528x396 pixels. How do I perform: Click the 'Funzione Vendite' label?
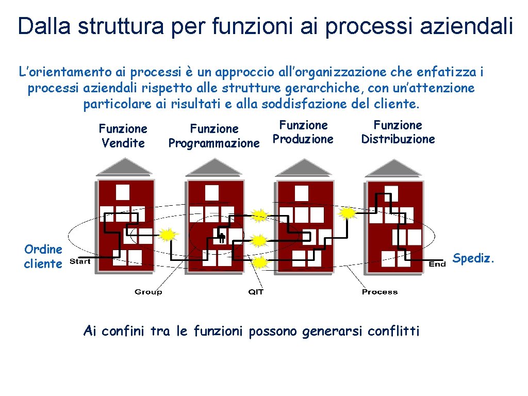(x=123, y=136)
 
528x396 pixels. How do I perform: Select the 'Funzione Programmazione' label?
(x=214, y=136)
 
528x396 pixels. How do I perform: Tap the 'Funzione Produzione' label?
(x=303, y=132)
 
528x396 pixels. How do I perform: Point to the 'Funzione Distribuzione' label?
(x=398, y=132)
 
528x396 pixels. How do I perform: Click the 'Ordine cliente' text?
(x=43, y=256)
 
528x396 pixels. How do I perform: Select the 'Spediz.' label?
(x=473, y=258)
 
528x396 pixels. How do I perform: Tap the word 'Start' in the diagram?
(x=80, y=261)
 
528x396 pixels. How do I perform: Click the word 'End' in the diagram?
(x=437, y=264)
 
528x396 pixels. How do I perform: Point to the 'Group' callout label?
(x=148, y=292)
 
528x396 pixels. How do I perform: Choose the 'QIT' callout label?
(x=256, y=292)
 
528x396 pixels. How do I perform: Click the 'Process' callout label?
(x=379, y=292)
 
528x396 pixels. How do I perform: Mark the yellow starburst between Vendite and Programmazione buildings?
(x=167, y=235)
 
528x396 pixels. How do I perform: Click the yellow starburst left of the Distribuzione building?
(x=349, y=212)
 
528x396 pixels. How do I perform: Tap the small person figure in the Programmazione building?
(x=222, y=238)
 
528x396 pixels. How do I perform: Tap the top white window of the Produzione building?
(x=301, y=193)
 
